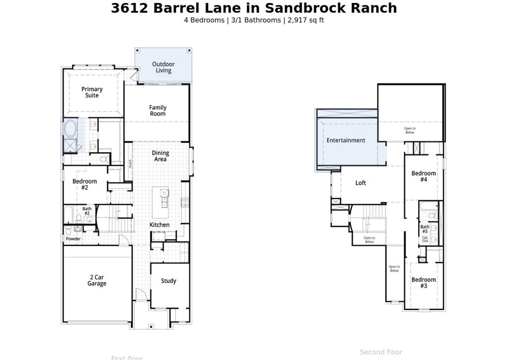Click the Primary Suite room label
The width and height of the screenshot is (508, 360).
pyautogui.click(x=92, y=92)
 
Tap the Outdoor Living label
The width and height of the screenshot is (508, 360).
pyautogui.click(x=163, y=68)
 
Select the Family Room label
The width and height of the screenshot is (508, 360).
pyautogui.click(x=158, y=111)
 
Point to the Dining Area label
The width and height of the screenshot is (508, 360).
pyautogui.click(x=160, y=156)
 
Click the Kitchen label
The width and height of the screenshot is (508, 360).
pyautogui.click(x=160, y=225)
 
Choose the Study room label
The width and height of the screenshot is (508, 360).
pyautogui.click(x=169, y=281)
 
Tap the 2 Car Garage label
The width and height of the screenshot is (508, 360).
pyautogui.click(x=97, y=281)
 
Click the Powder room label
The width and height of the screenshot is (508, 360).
pyautogui.click(x=73, y=239)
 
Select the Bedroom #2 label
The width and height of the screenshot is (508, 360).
pyautogui.click(x=85, y=185)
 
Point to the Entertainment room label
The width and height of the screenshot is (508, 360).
pyautogui.click(x=346, y=141)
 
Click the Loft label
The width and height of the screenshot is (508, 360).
pyautogui.click(x=361, y=183)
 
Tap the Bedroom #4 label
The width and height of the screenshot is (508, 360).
pyautogui.click(x=424, y=176)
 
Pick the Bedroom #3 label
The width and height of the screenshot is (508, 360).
pyautogui.click(x=424, y=283)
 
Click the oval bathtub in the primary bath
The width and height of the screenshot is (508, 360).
pyautogui.click(x=70, y=129)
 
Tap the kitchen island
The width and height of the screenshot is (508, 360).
pyautogui.click(x=160, y=198)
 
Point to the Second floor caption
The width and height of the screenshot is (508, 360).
pyautogui.click(x=381, y=352)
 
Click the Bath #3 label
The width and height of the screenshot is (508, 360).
pyautogui.click(x=425, y=229)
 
